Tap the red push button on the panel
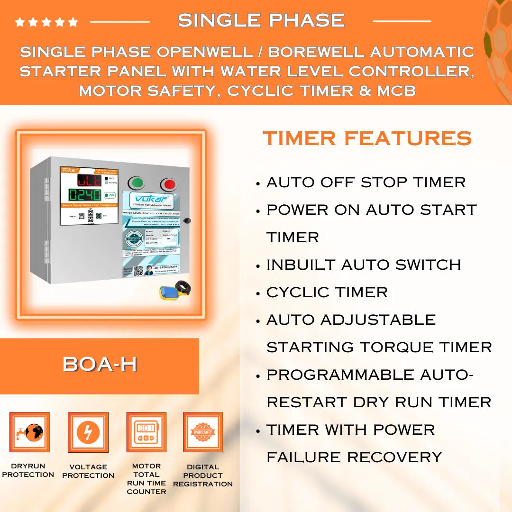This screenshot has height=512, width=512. coord(168,184)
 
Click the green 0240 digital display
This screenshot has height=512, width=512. coord(85,195)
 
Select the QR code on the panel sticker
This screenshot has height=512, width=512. coord(139,271)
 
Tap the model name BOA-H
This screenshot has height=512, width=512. coord(100,364)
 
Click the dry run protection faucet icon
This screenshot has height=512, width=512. coord(29,432)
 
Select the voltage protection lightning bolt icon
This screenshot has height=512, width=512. coord(88,432)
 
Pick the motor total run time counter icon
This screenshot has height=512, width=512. coord(146,432)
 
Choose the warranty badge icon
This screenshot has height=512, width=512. coord(203,432)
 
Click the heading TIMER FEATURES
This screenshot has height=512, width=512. coord(367,138)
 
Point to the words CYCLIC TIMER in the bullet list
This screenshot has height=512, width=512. coord(327,292)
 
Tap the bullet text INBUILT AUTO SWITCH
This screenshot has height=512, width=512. coord(364,265)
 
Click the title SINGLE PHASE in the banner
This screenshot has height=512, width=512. coord(261,20)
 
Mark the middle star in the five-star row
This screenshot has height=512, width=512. coord(46,22)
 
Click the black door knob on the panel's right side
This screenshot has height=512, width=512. coord(187,220)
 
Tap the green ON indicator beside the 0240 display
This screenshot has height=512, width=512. coord(110,195)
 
